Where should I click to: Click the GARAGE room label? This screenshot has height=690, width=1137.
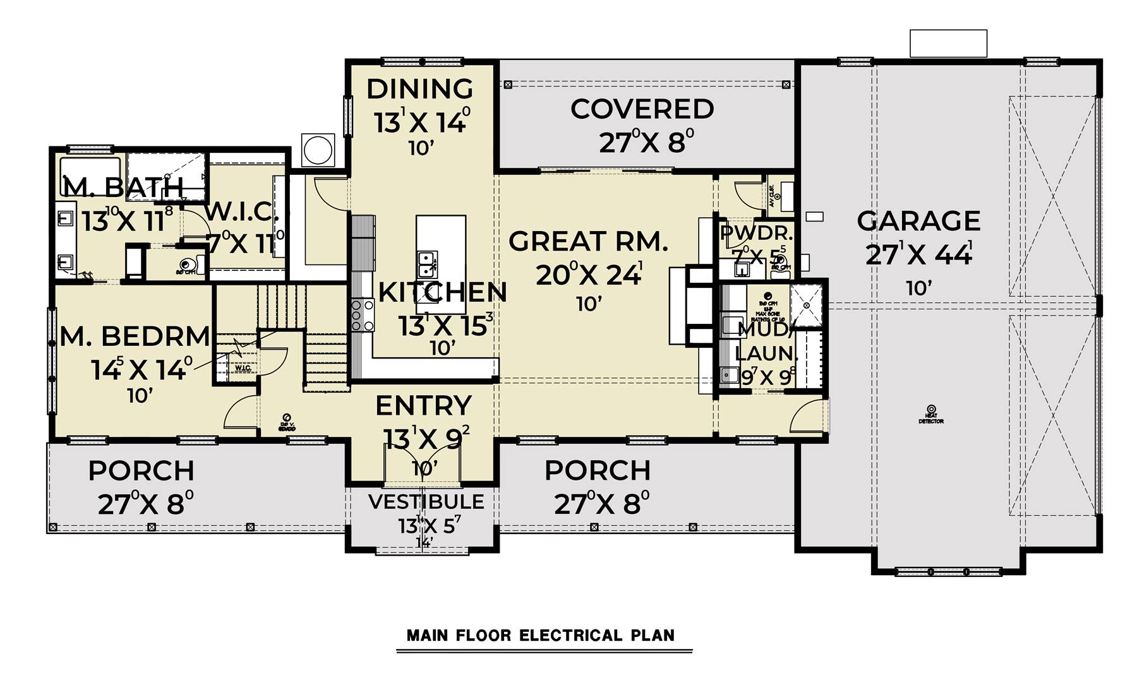[x=918, y=222]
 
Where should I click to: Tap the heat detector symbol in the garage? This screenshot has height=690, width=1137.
[x=930, y=409]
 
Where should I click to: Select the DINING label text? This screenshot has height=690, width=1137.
[x=419, y=89]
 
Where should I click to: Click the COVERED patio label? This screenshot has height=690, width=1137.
[x=642, y=109]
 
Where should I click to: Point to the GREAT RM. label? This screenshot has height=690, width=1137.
[x=588, y=242]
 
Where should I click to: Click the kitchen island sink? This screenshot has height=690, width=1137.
[x=427, y=264]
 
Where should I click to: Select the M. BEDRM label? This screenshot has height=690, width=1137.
[x=135, y=336]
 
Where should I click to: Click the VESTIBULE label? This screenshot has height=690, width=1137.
[x=426, y=502]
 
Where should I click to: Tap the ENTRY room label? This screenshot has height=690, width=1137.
[x=423, y=406]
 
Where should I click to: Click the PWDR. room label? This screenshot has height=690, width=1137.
[x=756, y=233]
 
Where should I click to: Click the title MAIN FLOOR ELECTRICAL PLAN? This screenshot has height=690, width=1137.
[x=541, y=635]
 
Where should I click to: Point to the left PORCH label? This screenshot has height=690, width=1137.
[x=141, y=471]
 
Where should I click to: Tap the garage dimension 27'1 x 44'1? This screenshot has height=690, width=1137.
[x=918, y=255]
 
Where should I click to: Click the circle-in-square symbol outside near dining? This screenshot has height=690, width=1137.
[x=318, y=150]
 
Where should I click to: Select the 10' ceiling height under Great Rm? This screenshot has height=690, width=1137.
[x=588, y=304]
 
